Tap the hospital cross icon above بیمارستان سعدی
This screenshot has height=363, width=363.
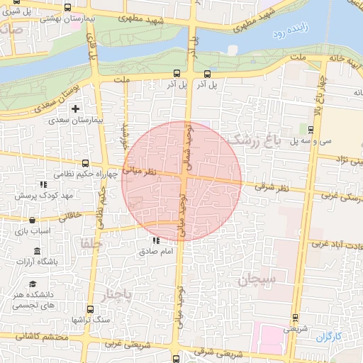(x=76, y=108)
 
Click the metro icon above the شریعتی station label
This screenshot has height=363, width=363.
(x=295, y=318)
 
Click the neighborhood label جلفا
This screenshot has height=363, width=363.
(x=93, y=243)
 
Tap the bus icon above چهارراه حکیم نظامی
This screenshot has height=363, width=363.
(x=86, y=163)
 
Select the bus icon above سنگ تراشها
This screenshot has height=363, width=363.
(x=90, y=309)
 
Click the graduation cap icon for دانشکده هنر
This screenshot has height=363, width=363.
(x=33, y=284)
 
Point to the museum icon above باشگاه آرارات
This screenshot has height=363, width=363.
(x=37, y=252)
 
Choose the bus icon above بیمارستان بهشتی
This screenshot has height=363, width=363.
(x=67, y=8)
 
